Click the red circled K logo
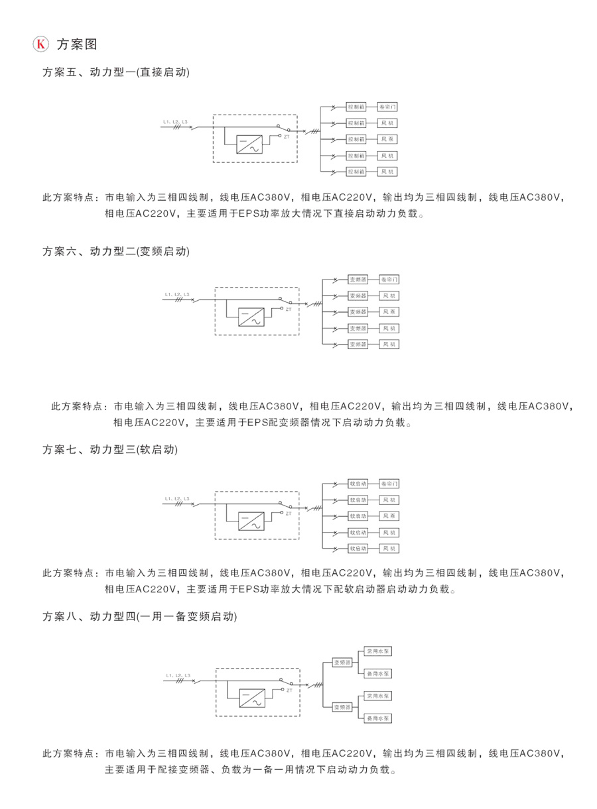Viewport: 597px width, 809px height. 41,44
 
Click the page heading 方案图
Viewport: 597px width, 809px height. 77,44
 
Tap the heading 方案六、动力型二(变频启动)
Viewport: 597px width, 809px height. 116,251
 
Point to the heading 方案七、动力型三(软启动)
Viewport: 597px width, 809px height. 110,449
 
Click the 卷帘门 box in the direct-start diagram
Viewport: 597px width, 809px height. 387,107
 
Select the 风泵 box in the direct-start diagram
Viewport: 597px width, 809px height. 387,139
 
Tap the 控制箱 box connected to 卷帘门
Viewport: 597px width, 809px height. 356,107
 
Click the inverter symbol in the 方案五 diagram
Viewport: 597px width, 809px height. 249,144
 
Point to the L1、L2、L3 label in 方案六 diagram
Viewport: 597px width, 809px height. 177,294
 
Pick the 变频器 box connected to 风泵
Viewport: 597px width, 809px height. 358,311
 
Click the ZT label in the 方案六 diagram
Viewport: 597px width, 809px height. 289,309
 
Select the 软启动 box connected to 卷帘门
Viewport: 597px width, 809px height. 358,484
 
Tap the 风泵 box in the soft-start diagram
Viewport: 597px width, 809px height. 389,516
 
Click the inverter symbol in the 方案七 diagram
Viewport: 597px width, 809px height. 251,521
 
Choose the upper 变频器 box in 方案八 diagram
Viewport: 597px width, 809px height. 342,662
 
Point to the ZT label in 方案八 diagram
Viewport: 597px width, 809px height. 289,690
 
